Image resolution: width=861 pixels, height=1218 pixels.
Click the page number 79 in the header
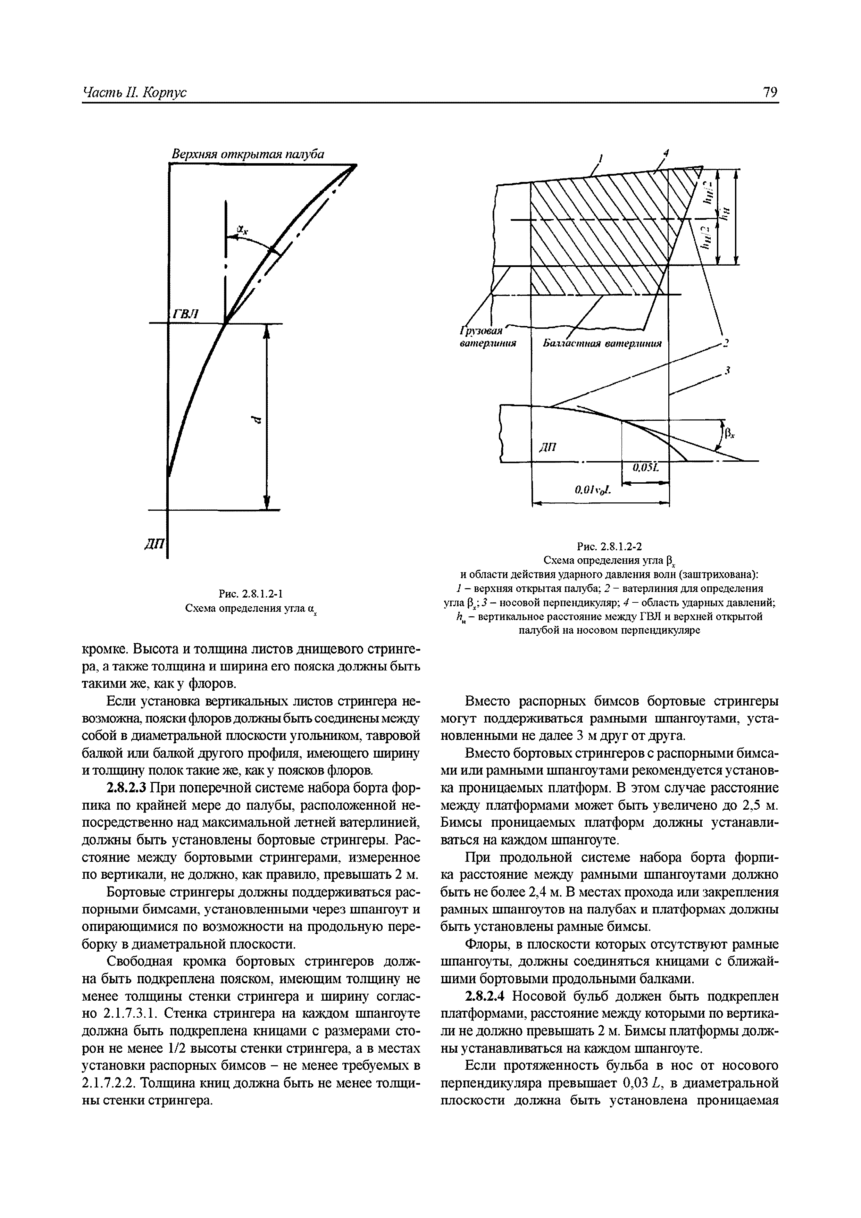click(x=770, y=92)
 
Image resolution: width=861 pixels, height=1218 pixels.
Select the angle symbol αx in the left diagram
click(x=242, y=229)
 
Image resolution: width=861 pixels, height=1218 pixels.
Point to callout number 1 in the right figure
click(x=601, y=158)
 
